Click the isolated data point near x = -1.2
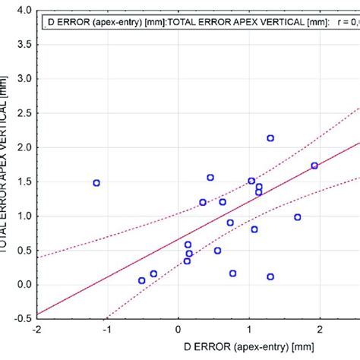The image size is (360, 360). pyautogui.click(x=96, y=183)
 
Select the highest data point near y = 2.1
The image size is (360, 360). pyautogui.click(x=270, y=138)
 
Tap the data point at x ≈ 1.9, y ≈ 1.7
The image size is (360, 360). pyautogui.click(x=314, y=166)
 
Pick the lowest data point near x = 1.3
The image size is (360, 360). pyautogui.click(x=270, y=277)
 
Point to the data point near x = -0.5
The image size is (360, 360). pyautogui.click(x=141, y=280)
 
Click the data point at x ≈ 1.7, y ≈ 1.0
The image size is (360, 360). pyautogui.click(x=298, y=217)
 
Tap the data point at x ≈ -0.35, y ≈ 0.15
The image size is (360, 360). pyautogui.click(x=153, y=273)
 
